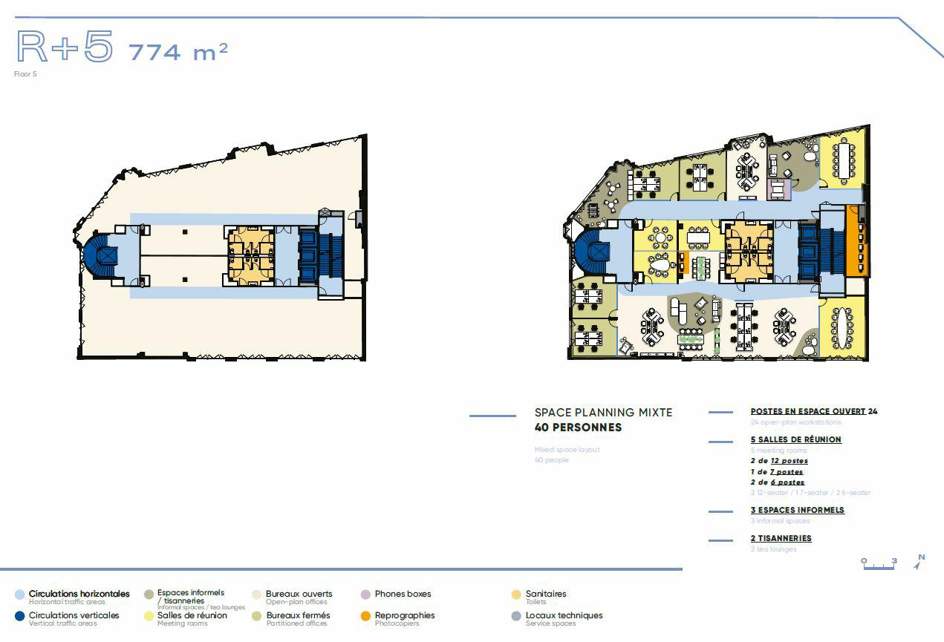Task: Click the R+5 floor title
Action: click(65, 47)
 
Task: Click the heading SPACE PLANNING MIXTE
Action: click(603, 413)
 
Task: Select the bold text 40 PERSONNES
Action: click(578, 428)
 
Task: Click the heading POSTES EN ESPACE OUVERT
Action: click(808, 411)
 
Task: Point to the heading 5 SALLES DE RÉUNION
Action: click(795, 439)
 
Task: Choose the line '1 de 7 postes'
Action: click(777, 471)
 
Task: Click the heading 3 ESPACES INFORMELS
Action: click(797, 510)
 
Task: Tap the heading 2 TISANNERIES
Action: click(781, 538)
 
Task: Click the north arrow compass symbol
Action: click(919, 562)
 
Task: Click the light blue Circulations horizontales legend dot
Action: click(19, 594)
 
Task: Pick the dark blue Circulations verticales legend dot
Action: click(19, 616)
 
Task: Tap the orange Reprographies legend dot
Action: click(365, 616)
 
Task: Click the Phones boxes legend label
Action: click(403, 594)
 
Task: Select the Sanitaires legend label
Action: click(545, 594)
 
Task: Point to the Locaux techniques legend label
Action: click(564, 615)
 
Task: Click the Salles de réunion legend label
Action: click(192, 615)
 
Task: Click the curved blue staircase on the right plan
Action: click(593, 252)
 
